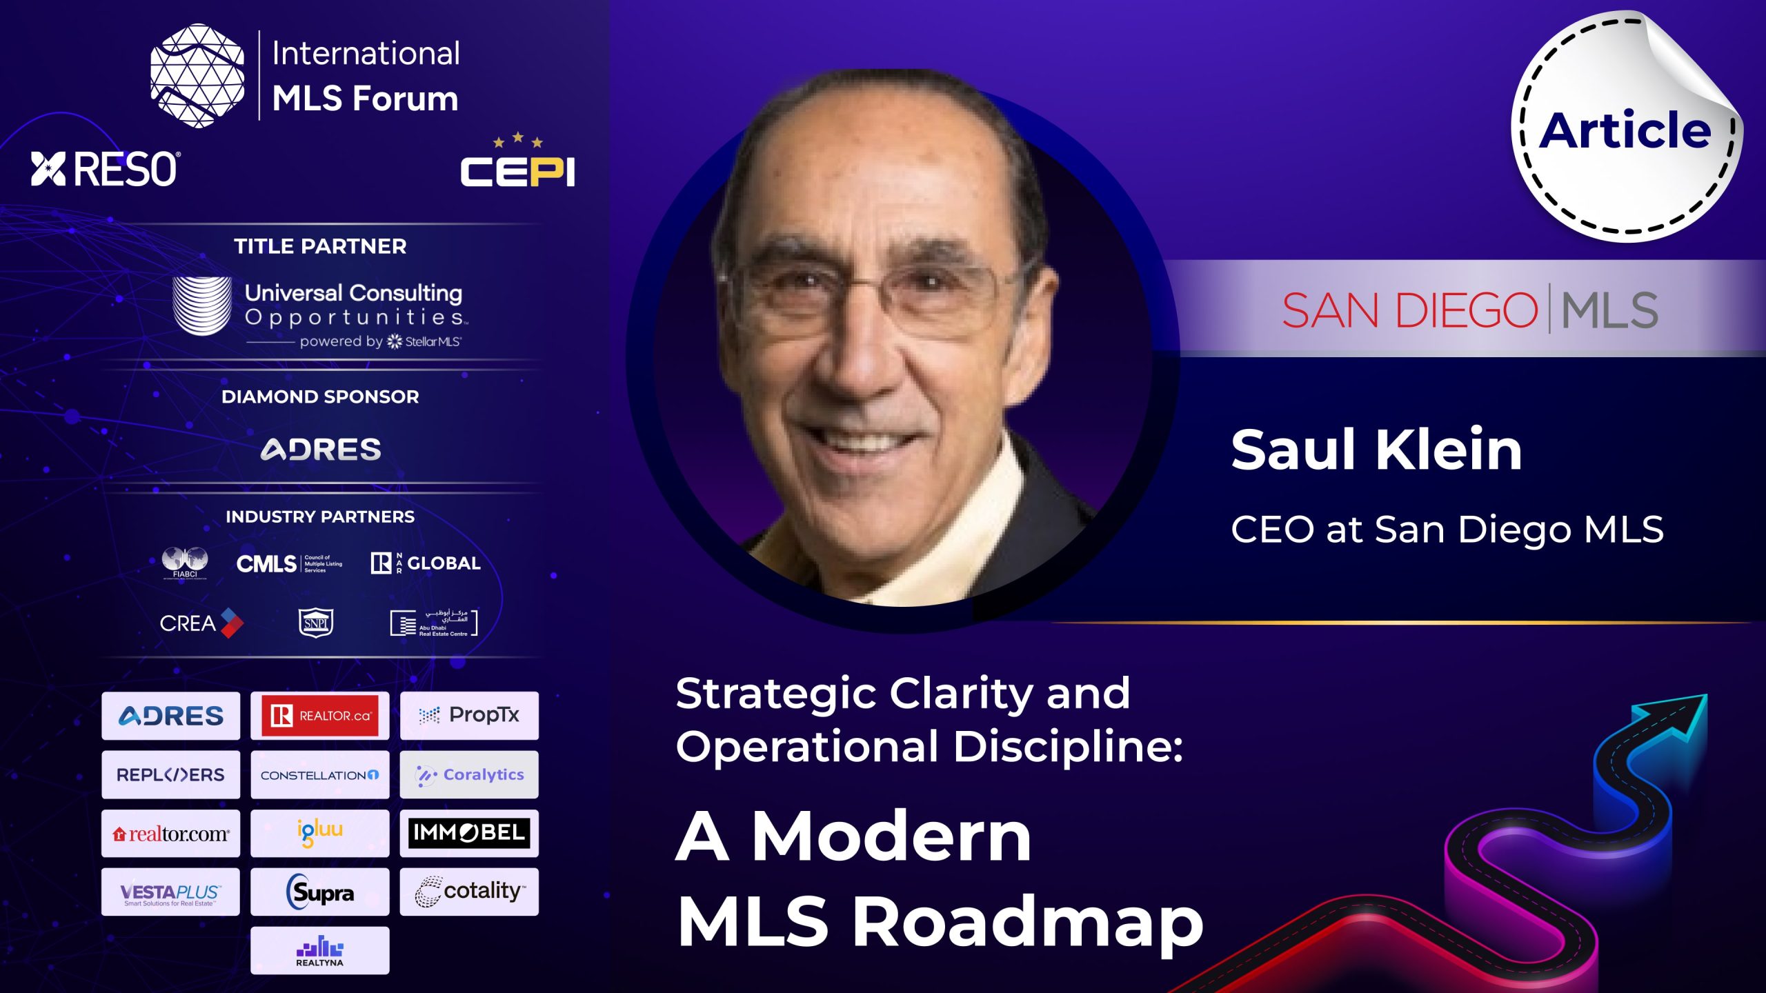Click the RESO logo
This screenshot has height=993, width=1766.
click(x=106, y=169)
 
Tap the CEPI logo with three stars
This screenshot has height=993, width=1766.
click(x=517, y=164)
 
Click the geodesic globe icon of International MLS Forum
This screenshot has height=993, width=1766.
click(x=197, y=76)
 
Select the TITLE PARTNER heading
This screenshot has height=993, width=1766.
click(x=320, y=246)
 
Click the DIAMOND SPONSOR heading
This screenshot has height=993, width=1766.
click(x=320, y=397)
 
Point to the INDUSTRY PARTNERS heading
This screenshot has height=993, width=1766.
click(x=320, y=516)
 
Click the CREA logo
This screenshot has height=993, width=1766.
click(x=201, y=623)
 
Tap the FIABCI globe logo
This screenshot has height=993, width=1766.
click(x=185, y=563)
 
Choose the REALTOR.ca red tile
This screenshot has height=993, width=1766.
click(x=320, y=716)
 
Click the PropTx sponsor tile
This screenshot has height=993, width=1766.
click(x=469, y=716)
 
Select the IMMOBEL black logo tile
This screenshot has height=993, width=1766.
click(x=469, y=833)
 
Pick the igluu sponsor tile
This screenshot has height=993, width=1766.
click(x=320, y=833)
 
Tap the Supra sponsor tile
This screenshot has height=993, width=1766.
click(x=320, y=892)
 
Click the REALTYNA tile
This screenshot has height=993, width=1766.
click(x=320, y=951)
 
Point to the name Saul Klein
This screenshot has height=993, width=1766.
click(x=1376, y=450)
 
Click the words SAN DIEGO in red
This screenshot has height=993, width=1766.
click(x=1409, y=311)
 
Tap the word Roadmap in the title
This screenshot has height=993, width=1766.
click(x=1028, y=922)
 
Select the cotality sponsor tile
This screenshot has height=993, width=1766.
click(x=469, y=892)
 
